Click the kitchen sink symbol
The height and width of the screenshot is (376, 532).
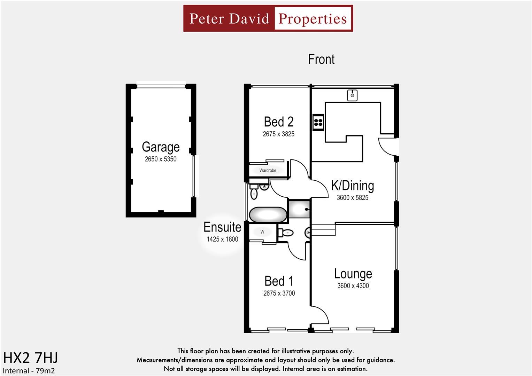352,95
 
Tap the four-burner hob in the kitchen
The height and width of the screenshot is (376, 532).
318,122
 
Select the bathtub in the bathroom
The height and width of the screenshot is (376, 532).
268,215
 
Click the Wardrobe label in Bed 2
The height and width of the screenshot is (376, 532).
268,170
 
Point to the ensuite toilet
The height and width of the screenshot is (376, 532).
287,233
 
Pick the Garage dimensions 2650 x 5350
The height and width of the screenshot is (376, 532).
161,159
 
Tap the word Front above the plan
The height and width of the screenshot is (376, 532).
321,59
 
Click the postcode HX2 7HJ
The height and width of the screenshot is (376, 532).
30,358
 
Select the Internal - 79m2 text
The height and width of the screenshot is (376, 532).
29,371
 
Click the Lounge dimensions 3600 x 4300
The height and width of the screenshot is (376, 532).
353,286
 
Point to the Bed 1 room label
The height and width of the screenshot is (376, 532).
279,281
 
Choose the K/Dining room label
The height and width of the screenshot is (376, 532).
352,186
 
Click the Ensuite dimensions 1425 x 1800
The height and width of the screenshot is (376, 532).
222,239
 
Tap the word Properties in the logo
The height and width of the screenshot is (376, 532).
313,18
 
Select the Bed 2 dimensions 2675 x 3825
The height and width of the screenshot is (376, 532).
278,134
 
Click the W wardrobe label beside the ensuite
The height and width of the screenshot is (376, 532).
262,232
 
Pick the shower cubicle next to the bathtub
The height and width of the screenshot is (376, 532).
299,209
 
